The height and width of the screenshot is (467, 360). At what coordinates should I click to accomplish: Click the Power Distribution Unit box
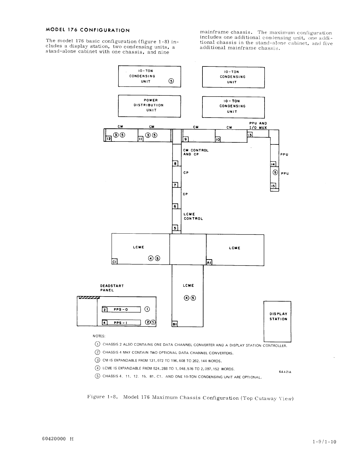[149, 105]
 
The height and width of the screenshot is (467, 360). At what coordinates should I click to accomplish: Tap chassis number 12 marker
[108, 138]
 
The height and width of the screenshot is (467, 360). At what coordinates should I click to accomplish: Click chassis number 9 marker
[186, 139]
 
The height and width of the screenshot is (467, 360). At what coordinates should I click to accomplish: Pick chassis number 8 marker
[175, 163]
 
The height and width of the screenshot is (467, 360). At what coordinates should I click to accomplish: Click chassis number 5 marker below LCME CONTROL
[175, 228]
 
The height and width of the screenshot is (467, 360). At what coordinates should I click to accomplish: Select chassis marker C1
[114, 262]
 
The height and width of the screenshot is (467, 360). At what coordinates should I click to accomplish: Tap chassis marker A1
[209, 262]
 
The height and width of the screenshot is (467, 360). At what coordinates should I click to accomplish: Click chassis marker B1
[174, 324]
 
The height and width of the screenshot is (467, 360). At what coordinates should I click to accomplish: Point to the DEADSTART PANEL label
[112, 288]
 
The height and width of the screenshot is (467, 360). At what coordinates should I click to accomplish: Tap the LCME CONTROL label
[193, 216]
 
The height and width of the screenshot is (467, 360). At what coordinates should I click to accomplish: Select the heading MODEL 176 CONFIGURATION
[88, 30]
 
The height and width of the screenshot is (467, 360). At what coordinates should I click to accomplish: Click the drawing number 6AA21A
[285, 372]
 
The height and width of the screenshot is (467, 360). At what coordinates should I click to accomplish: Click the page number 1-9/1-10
[324, 442]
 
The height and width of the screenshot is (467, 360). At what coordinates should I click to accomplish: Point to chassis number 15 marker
[273, 186]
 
